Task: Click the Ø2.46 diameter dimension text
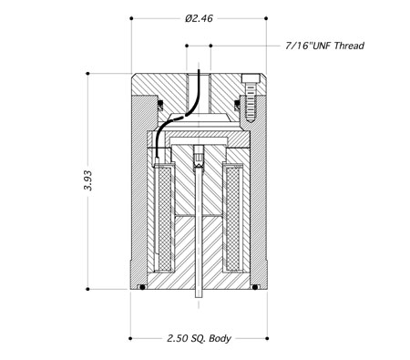click(x=199, y=18)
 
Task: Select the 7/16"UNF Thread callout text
click(x=324, y=46)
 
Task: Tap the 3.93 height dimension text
click(x=87, y=180)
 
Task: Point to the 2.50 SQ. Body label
click(x=199, y=338)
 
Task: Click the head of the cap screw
click(x=251, y=78)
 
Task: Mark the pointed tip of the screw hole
click(x=250, y=121)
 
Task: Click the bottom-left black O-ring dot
click(x=142, y=287)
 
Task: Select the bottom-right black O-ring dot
click(x=255, y=287)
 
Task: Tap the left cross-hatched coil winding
click(x=165, y=218)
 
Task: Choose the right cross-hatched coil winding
click(x=233, y=218)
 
